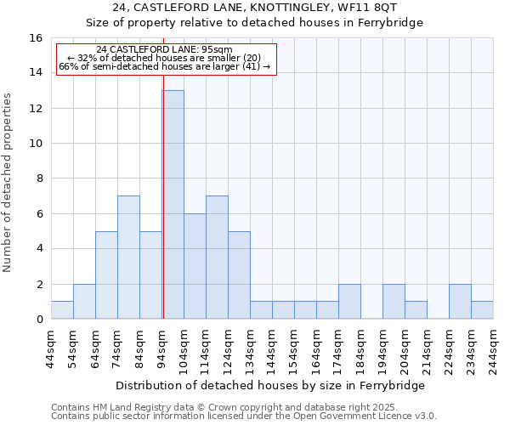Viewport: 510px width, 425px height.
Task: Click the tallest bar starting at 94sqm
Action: [x=173, y=204]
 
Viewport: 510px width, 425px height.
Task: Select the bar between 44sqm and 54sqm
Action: [x=62, y=310]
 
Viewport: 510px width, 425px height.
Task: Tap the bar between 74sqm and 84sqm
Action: [x=128, y=257]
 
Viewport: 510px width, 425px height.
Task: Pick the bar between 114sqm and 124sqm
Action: [x=217, y=257]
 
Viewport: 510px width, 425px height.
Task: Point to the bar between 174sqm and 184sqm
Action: [x=349, y=302]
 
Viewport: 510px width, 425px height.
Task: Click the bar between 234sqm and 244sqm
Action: [x=482, y=310]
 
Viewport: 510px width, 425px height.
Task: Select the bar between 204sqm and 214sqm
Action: [x=416, y=310]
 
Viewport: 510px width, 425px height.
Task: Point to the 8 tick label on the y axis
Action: [x=38, y=178]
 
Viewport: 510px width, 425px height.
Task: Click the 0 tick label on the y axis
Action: [x=38, y=320]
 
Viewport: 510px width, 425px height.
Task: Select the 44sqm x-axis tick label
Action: [x=51, y=348]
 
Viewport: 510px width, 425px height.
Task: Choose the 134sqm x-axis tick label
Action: [x=250, y=348]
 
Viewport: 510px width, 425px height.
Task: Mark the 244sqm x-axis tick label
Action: [x=493, y=348]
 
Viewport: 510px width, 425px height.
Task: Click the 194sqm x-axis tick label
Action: [x=382, y=348]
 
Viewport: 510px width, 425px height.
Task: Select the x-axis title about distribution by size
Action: [x=269, y=385]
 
